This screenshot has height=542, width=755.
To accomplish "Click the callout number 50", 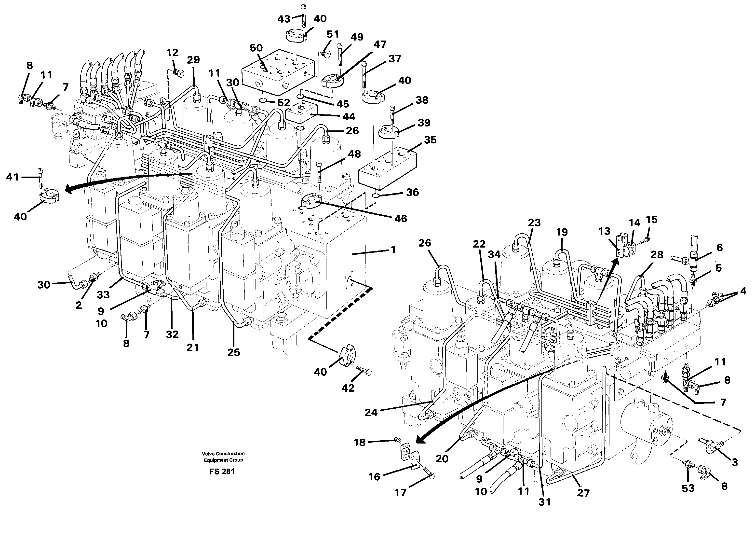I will tap(256, 48).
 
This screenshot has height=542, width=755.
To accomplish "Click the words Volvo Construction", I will tap(223, 453).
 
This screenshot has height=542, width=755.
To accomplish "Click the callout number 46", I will tap(401, 219).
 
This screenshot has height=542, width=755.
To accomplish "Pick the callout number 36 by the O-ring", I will tap(412, 192).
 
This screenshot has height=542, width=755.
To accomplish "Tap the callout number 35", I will tap(430, 140).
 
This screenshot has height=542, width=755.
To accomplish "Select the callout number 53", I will tap(688, 488).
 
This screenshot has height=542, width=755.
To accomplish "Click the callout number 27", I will tap(583, 493).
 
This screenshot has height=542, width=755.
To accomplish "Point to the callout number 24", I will tap(371, 412).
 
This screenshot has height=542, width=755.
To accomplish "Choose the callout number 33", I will tap(103, 294).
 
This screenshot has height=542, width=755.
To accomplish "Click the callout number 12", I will tap(173, 53).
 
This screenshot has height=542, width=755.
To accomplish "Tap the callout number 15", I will tap(651, 219).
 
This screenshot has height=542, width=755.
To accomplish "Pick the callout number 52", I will tap(284, 103).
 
